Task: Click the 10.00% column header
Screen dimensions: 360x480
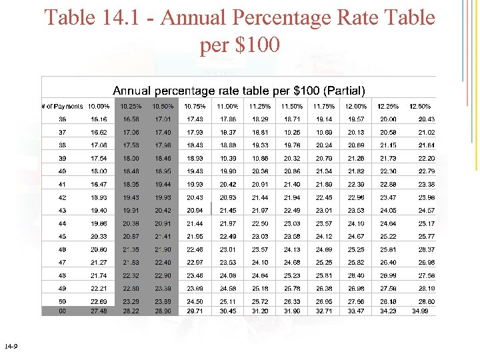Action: (x=98, y=106)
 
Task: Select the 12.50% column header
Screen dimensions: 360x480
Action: (x=420, y=106)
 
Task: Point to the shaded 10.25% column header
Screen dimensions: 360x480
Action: (x=131, y=106)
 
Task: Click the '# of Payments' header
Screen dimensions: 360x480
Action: (x=62, y=106)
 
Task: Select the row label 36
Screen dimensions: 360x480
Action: (x=62, y=119)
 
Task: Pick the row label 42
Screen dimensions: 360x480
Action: (x=62, y=197)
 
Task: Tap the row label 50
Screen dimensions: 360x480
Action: (x=62, y=301)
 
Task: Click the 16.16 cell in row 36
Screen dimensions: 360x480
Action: (x=98, y=119)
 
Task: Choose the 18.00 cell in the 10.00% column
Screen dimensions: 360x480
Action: (x=98, y=171)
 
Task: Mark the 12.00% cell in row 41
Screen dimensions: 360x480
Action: (x=355, y=184)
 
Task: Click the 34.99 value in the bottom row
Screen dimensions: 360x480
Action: (x=420, y=311)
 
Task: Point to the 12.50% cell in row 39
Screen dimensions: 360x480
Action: (x=426, y=158)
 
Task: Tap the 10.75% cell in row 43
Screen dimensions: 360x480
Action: (x=195, y=210)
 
